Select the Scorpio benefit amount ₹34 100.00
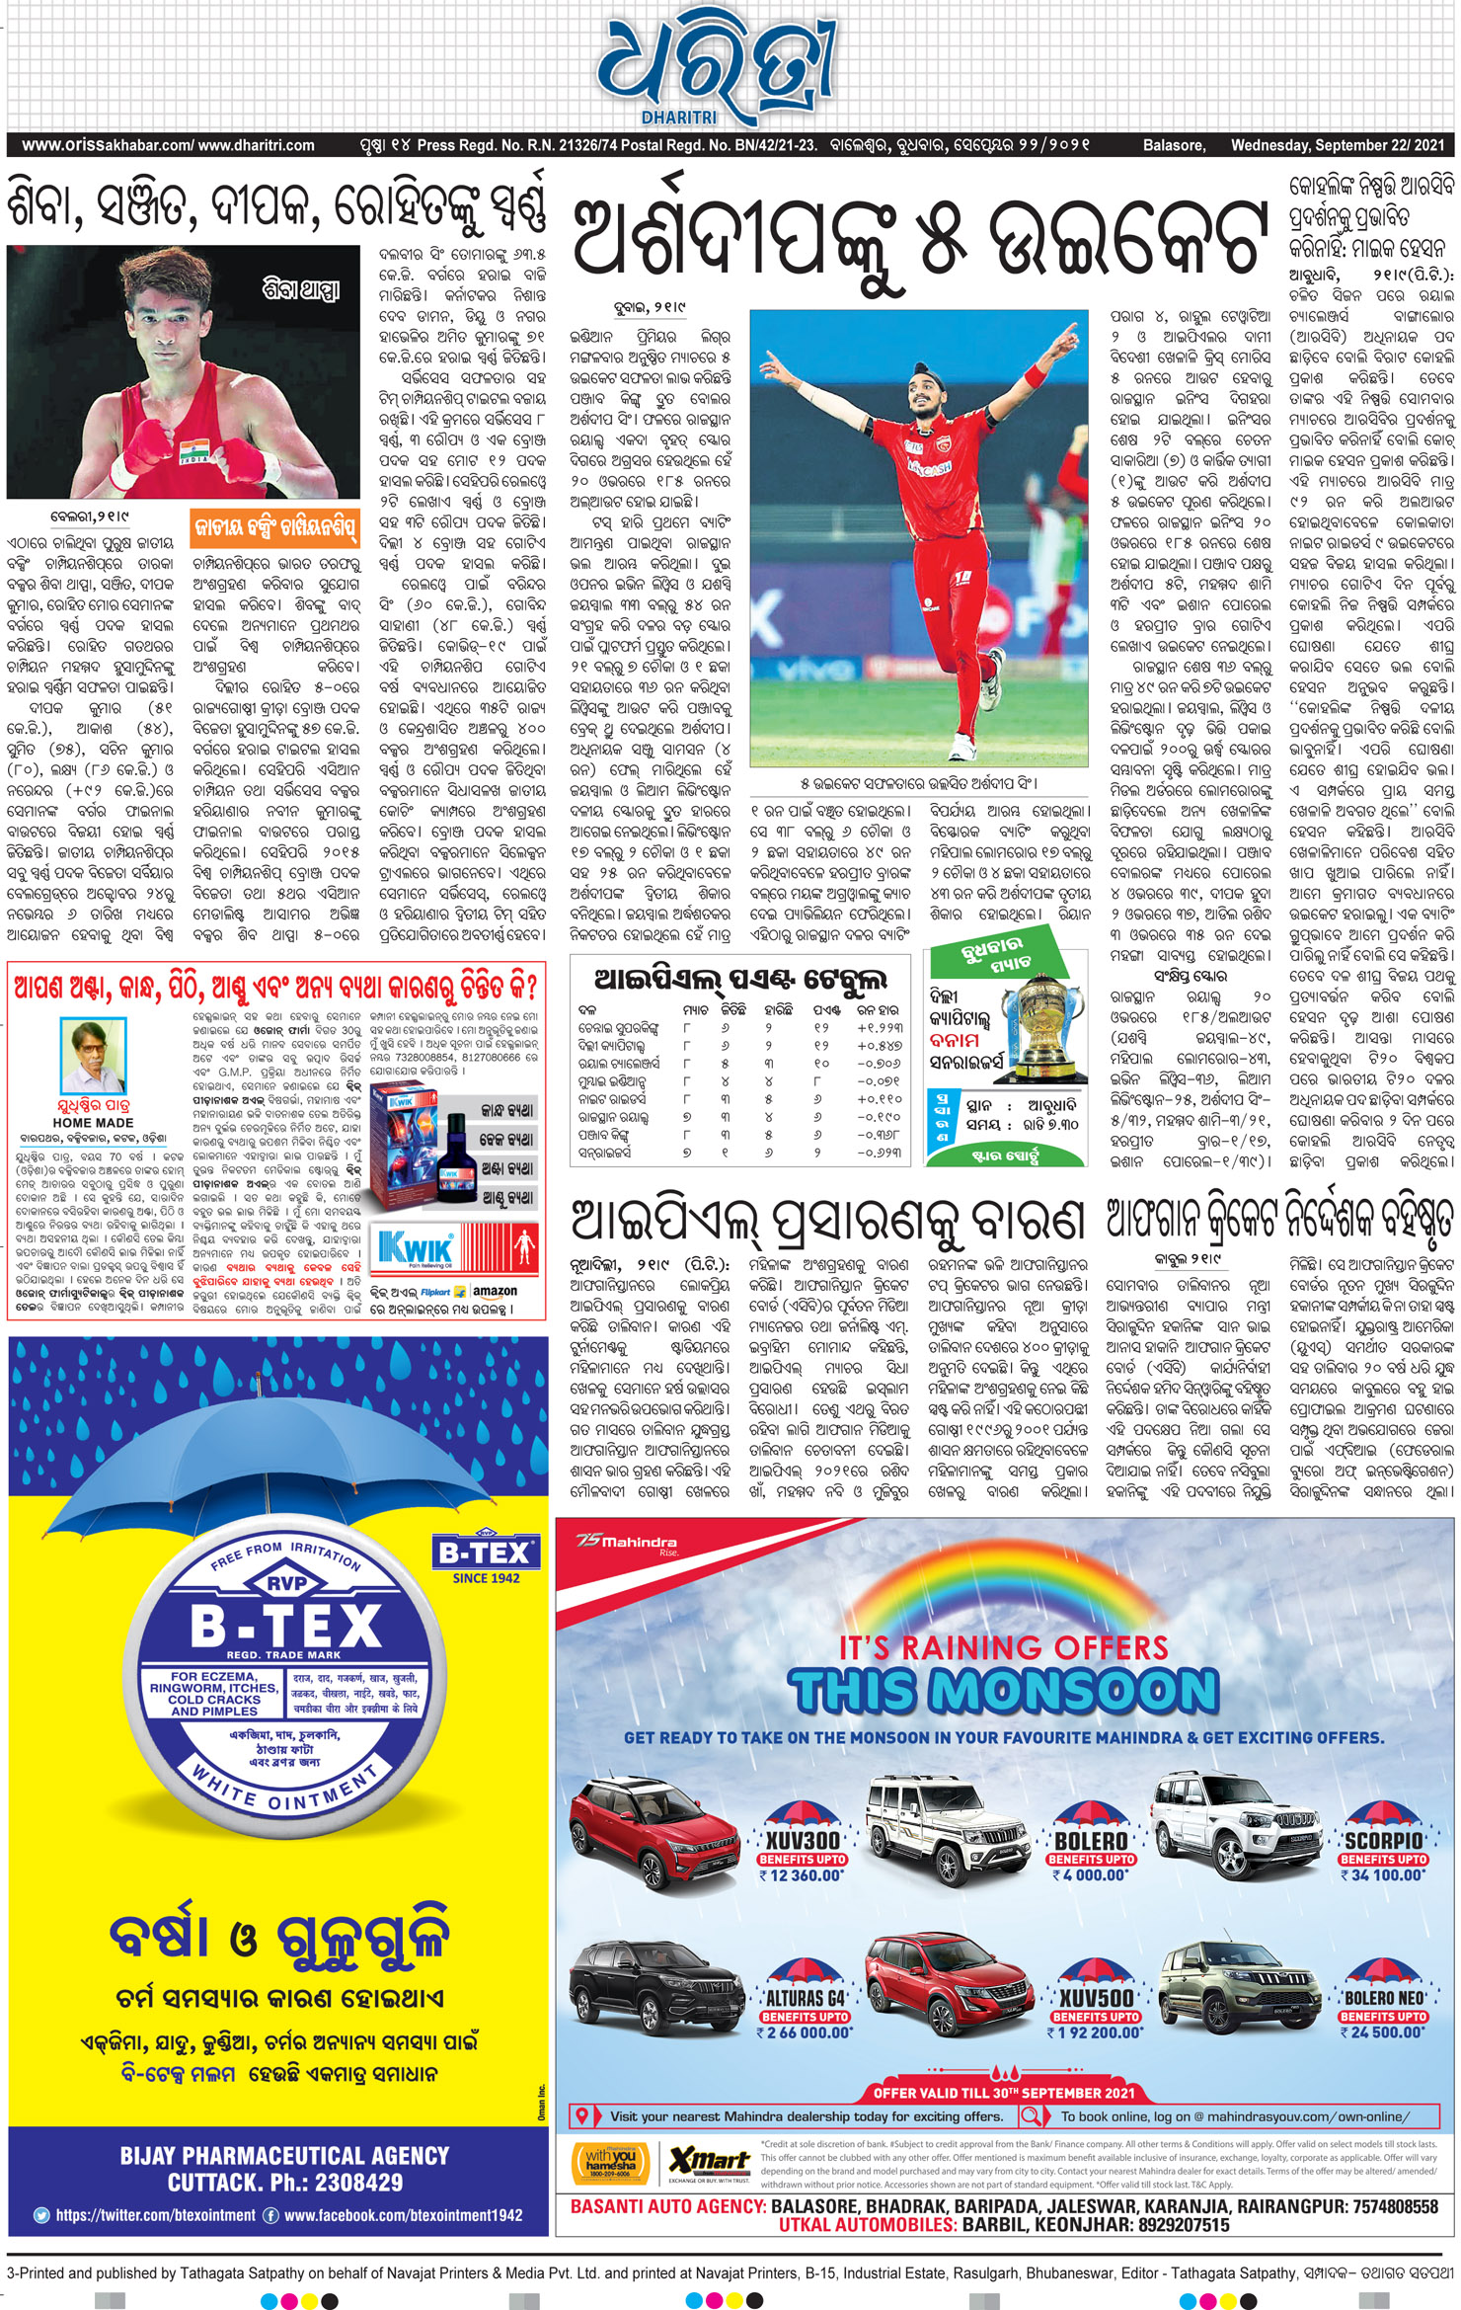point(1386,1874)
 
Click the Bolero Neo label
point(1384,1998)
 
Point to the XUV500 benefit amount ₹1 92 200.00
point(1095,2032)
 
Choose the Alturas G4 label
point(806,1998)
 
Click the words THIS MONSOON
point(1004,1690)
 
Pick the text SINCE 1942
point(486,1578)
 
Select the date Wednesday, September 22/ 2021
point(1337,145)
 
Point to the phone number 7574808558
point(1396,2205)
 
